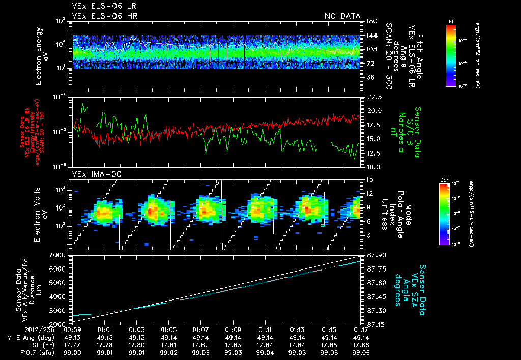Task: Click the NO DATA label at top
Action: click(x=342, y=16)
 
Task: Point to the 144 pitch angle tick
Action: click(x=370, y=35)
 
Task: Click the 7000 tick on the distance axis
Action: click(x=60, y=255)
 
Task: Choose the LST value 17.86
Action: click(x=361, y=345)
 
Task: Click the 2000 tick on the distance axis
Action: click(x=60, y=324)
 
